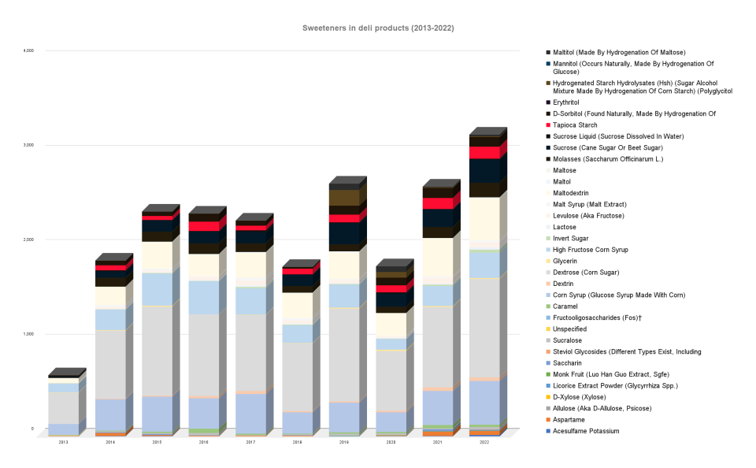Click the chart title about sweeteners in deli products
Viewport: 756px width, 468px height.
[x=378, y=28]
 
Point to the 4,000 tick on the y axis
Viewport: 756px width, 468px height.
[x=28, y=50]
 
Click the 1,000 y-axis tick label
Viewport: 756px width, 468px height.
[x=28, y=334]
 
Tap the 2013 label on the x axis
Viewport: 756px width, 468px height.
[x=63, y=444]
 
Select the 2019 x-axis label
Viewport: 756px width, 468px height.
[x=344, y=444]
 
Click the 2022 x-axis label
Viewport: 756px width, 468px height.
[x=484, y=444]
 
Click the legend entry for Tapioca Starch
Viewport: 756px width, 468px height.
[x=575, y=124]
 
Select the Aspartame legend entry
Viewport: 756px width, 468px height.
[x=569, y=420]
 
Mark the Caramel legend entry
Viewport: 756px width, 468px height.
[x=566, y=306]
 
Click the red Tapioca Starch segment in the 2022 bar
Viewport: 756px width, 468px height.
[x=484, y=153]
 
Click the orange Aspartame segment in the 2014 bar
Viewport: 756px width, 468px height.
[x=110, y=434]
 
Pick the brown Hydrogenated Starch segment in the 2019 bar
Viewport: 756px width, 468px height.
[x=344, y=198]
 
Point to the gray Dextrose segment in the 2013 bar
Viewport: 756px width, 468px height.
[x=63, y=407]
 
